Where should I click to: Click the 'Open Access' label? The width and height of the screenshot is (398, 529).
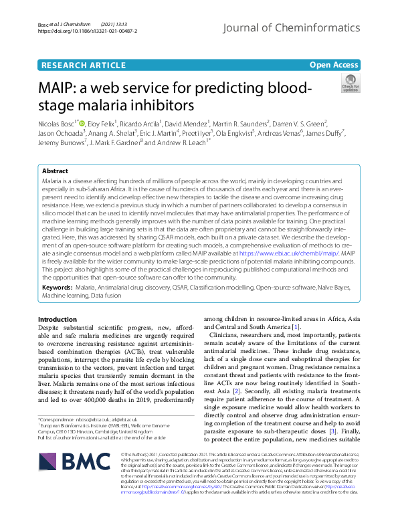coord(334,64)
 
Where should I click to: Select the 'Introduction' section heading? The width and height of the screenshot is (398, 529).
coord(58,320)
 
